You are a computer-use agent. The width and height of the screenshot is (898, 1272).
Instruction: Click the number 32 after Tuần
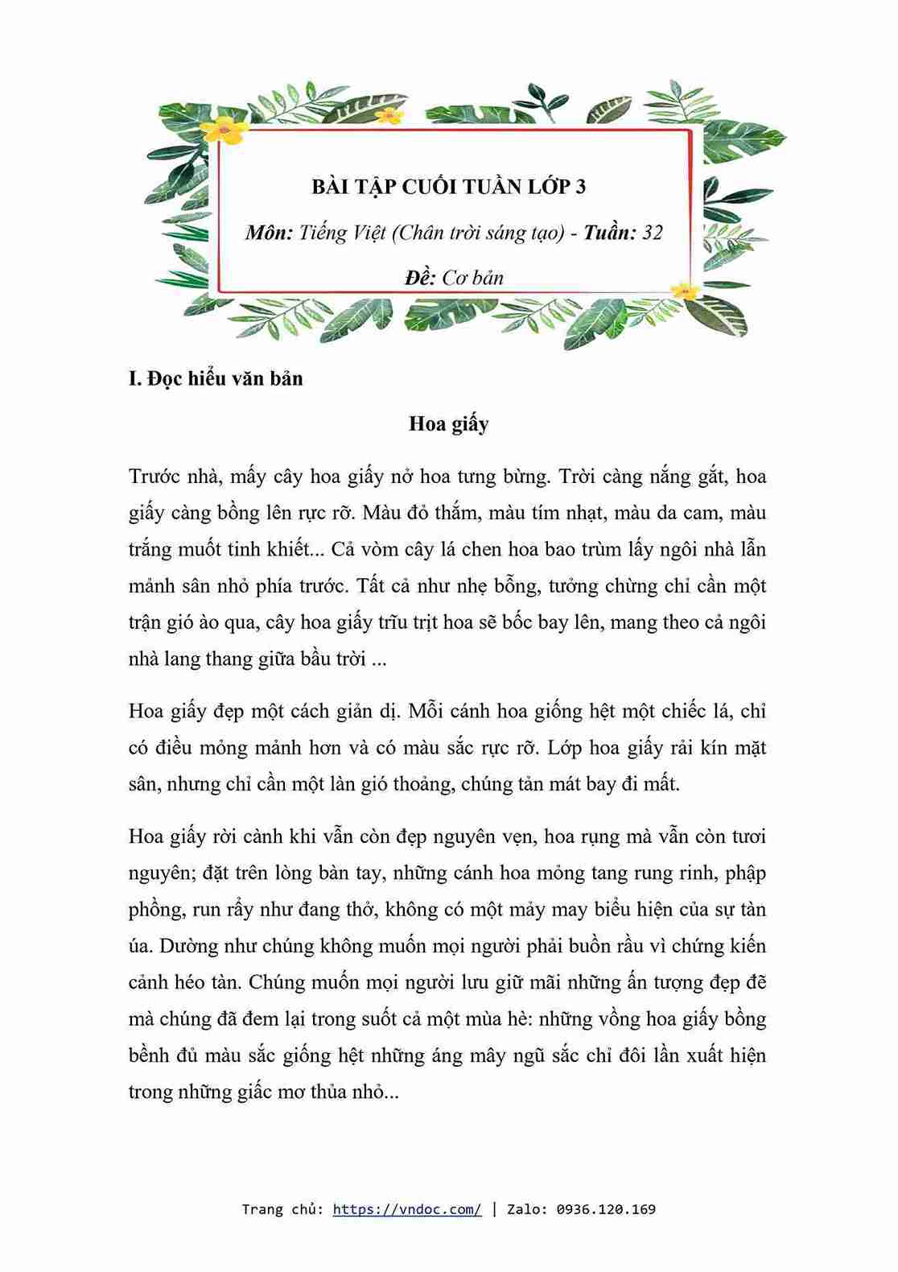[653, 233]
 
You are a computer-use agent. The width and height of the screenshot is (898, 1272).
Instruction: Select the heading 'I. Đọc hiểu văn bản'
[216, 378]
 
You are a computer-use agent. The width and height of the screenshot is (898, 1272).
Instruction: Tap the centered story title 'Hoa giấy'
[448, 423]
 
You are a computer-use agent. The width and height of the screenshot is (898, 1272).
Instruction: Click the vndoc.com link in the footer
[407, 1208]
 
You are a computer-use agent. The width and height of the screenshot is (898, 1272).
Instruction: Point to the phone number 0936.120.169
[606, 1208]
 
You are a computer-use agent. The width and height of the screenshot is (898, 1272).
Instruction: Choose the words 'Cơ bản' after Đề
[473, 278]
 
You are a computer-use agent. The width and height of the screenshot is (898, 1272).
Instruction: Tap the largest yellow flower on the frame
[224, 129]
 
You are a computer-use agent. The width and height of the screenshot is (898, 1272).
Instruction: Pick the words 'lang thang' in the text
[202, 659]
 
